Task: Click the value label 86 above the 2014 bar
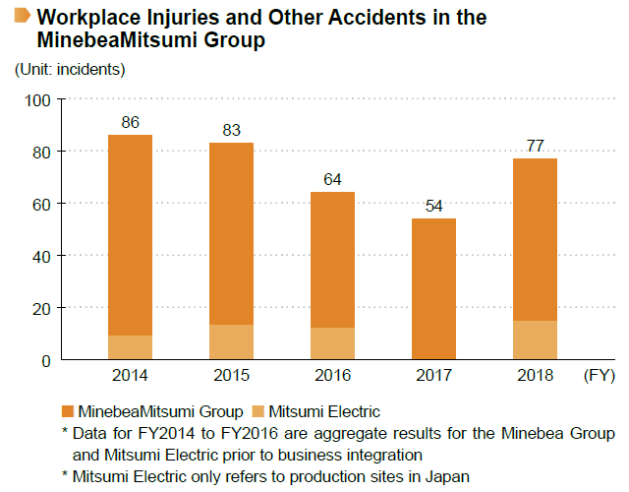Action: [x=131, y=123]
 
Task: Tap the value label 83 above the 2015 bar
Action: [x=231, y=131]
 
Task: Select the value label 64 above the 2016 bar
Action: [x=332, y=180]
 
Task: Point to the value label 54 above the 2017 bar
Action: [x=433, y=207]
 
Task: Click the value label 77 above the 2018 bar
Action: [x=535, y=147]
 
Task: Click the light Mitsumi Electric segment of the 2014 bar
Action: [x=131, y=347]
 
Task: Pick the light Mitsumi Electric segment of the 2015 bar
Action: [x=231, y=342]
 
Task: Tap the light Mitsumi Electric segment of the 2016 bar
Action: [x=332, y=343]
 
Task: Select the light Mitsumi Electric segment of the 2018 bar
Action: [x=535, y=339]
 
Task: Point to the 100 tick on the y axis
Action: [x=38, y=99]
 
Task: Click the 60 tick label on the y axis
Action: [x=42, y=204]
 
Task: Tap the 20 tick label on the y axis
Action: [x=42, y=308]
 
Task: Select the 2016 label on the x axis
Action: [x=332, y=376]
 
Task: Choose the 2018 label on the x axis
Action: [x=535, y=376]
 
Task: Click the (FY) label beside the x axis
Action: [x=600, y=376]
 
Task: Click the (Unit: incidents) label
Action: [x=70, y=69]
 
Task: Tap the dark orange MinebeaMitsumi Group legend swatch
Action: [x=68, y=411]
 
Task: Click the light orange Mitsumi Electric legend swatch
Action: [x=258, y=411]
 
